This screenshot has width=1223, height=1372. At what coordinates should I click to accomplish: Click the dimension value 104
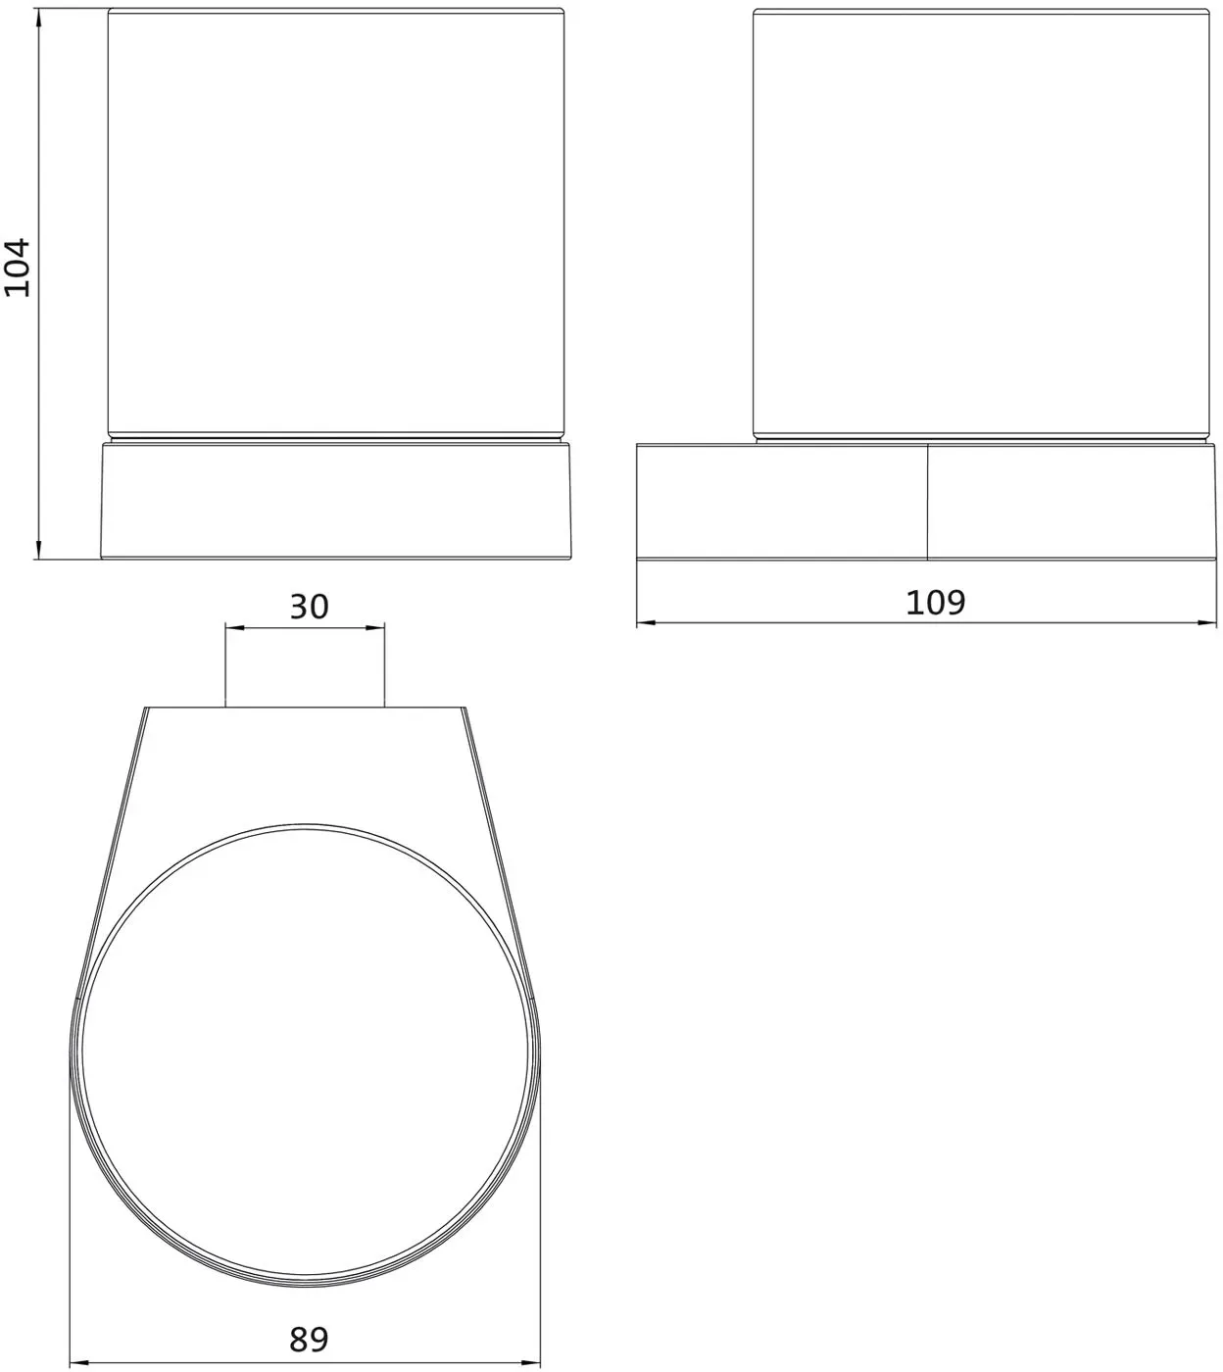(x=18, y=268)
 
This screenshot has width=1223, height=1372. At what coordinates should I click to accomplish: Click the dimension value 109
(x=935, y=602)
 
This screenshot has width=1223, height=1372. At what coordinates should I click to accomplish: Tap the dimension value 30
(x=310, y=607)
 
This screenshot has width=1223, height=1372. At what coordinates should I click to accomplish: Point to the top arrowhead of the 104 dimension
(x=38, y=19)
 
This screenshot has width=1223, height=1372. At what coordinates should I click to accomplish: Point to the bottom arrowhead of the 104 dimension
(x=38, y=550)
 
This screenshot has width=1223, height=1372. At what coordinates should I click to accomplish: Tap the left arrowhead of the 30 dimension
(x=235, y=628)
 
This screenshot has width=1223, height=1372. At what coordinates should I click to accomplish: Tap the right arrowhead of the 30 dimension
(x=375, y=628)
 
